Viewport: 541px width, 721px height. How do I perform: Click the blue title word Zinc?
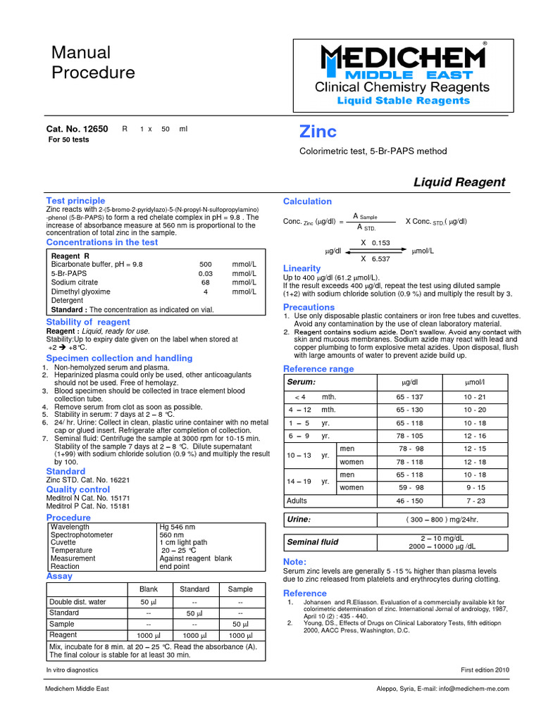pyautogui.click(x=318, y=132)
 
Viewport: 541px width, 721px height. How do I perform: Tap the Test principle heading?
pyautogui.click(x=75, y=201)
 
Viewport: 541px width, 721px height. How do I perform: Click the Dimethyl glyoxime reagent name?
pyautogui.click(x=80, y=291)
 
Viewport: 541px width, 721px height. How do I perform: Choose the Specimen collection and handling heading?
pyautogui.click(x=119, y=358)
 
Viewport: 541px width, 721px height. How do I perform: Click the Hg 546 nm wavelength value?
pyautogui.click(x=178, y=527)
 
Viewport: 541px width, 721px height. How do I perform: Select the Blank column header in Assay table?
pyautogui.click(x=149, y=589)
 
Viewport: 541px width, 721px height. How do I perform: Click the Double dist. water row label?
pyautogui.click(x=77, y=602)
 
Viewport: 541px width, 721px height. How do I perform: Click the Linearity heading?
pyautogui.click(x=301, y=268)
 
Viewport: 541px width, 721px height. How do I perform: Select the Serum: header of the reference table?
pyautogui.click(x=301, y=381)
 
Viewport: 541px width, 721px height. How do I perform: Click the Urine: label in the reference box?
pyautogui.click(x=300, y=519)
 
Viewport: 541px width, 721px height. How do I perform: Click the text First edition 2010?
pyautogui.click(x=485, y=670)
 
